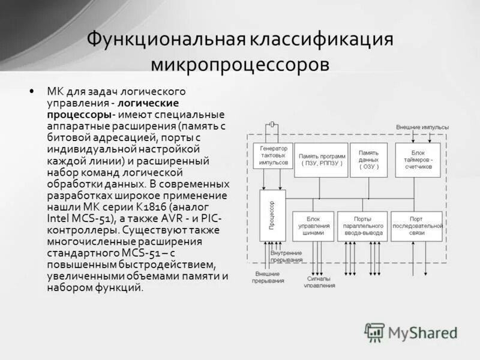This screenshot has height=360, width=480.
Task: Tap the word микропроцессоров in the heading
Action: pos(240,64)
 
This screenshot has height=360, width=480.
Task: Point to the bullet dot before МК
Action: pos(31,92)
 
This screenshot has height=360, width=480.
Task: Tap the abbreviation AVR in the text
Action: pos(179,218)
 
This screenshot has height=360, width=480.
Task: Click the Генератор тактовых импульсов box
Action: pos(273,155)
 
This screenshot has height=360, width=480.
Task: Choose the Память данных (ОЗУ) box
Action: pos(368,160)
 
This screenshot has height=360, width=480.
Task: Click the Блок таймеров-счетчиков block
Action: pos(418,160)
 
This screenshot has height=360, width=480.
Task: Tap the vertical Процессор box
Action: pos(272,215)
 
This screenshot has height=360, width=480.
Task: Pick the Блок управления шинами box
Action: pos(313,226)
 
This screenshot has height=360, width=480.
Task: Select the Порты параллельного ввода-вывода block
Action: pos(362,226)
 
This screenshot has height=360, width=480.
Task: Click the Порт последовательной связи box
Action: pos(416,226)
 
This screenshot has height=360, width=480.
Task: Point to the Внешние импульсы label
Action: pos(422,127)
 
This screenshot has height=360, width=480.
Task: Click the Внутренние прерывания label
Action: pos(285,257)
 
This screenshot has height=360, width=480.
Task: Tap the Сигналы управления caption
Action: pos(319,282)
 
